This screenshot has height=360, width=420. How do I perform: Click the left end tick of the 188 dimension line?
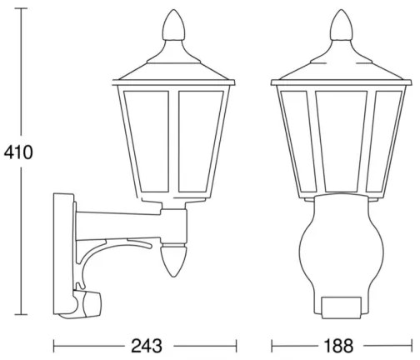tap(272, 344)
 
